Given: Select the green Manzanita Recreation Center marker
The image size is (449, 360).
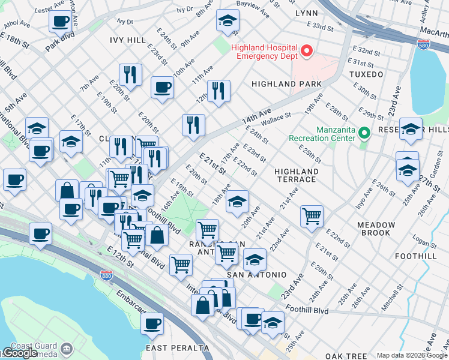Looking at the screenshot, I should tap(363, 131).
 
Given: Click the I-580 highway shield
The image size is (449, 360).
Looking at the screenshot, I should tap(423, 44).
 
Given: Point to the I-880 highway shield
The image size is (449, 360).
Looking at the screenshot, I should tap(106, 275).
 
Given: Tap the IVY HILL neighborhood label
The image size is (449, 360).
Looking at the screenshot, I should tap(128, 40).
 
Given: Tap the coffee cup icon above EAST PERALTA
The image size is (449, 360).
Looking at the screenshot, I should tap(152, 324).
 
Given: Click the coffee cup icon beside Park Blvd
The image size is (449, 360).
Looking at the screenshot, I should tap(60, 22).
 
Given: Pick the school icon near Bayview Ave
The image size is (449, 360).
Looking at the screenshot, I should tap(228, 22).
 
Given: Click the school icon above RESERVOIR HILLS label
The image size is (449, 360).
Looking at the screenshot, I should tap(411, 129).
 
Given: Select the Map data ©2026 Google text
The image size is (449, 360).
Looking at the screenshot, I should tap(411, 355).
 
